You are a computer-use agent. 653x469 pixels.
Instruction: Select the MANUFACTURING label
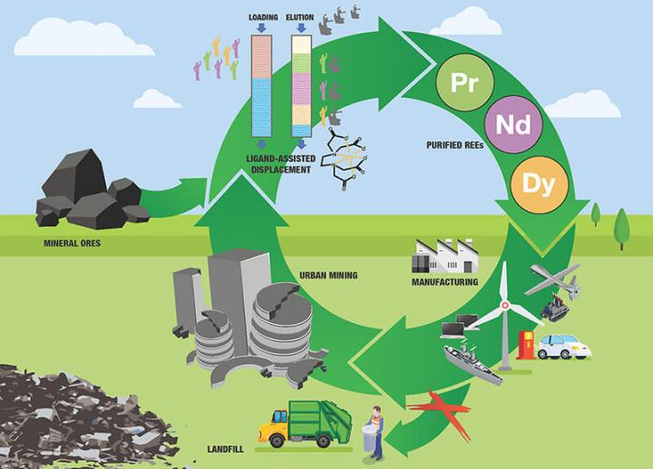click(444, 282)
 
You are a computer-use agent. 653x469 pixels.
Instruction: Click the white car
click(564, 347)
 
